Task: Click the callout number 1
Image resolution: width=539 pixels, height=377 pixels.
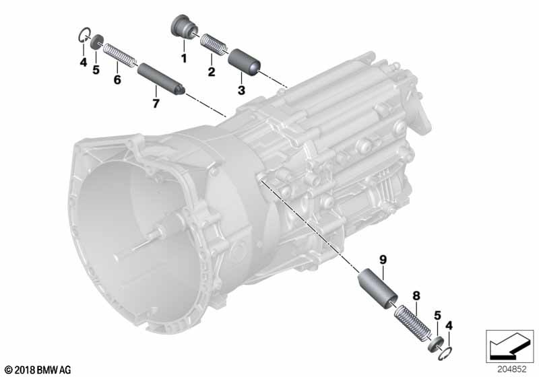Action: [x=184, y=59]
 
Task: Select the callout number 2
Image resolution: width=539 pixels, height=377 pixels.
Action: [x=212, y=72]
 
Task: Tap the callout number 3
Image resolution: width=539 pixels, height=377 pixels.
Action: [x=241, y=90]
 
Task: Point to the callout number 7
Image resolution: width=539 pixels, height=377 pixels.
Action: [x=156, y=103]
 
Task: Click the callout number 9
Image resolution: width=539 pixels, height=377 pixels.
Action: [x=383, y=259]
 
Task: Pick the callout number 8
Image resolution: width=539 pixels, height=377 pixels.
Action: [x=416, y=296]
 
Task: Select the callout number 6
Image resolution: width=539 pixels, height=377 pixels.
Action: [x=117, y=79]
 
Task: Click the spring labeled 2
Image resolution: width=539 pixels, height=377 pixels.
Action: [x=214, y=43]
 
